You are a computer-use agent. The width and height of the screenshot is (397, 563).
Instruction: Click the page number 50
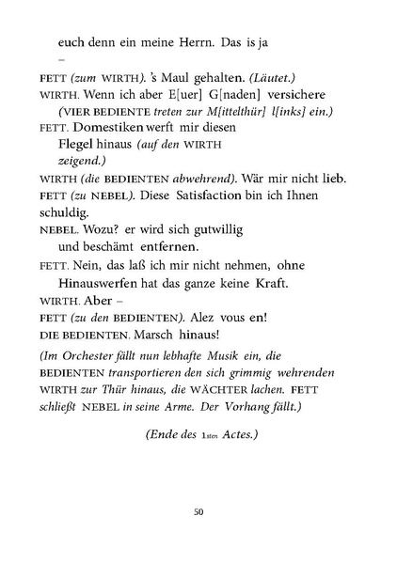point(198,511)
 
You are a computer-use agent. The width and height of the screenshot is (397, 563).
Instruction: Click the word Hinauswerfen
point(99,281)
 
